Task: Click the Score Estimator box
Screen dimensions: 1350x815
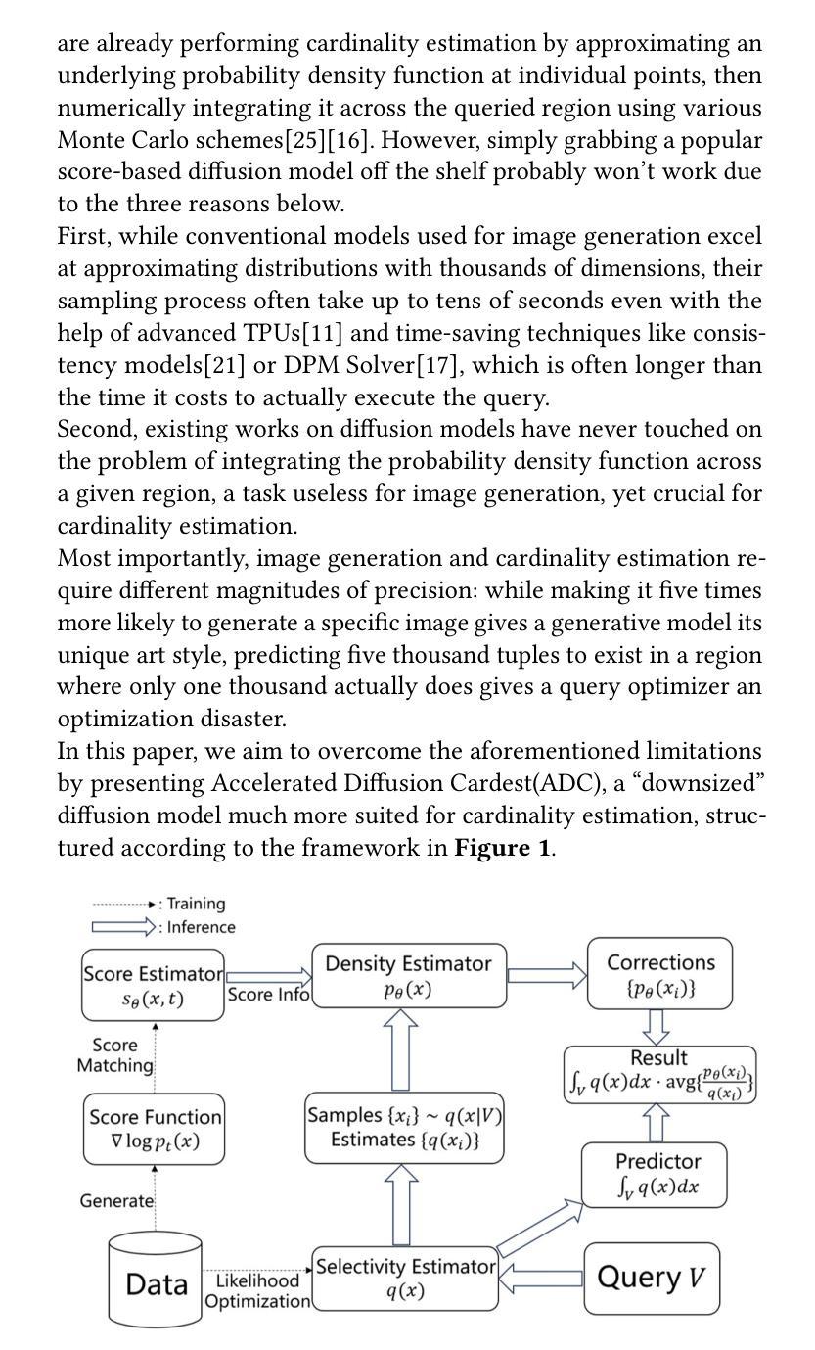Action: tap(154, 985)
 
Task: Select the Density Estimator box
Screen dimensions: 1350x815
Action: tap(409, 975)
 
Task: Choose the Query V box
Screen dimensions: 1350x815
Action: tap(651, 1277)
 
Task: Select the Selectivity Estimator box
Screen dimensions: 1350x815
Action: tap(405, 1278)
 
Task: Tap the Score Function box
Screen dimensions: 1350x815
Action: tap(154, 1129)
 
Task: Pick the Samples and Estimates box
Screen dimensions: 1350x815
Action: tap(404, 1127)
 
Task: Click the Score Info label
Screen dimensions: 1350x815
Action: tap(268, 995)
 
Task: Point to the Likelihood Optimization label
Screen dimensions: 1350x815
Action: tap(257, 1291)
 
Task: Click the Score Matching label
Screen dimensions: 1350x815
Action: tap(115, 1055)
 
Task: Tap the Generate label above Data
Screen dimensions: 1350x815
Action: tap(116, 1200)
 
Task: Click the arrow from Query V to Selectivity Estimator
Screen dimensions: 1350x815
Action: tap(541, 1278)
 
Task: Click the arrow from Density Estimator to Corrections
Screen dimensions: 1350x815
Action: tap(547, 975)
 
